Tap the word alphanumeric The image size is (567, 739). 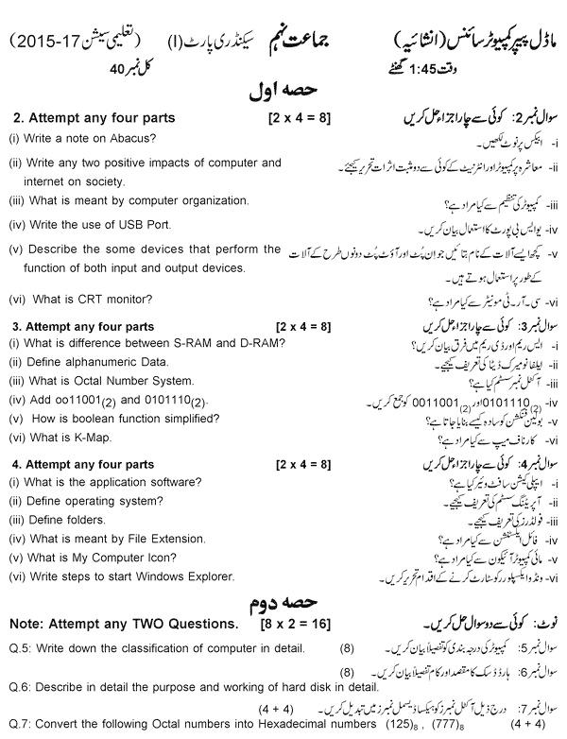coord(102,361)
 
